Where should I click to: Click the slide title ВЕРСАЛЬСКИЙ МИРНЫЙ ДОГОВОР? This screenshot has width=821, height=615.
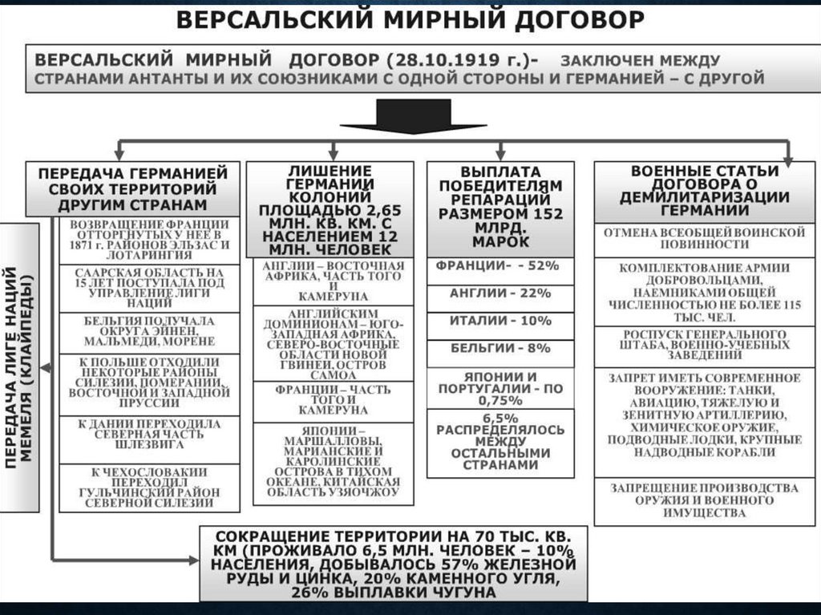pyautogui.click(x=410, y=19)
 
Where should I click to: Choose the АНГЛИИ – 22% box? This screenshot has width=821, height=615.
pyautogui.click(x=501, y=293)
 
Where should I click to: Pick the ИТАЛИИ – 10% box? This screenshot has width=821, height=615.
pyautogui.click(x=501, y=321)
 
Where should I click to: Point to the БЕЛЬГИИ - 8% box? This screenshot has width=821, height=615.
pyautogui.click(x=501, y=350)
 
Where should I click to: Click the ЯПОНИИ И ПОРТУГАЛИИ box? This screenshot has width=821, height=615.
pyautogui.click(x=501, y=387)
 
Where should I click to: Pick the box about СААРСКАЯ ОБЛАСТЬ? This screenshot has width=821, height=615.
pyautogui.click(x=149, y=288)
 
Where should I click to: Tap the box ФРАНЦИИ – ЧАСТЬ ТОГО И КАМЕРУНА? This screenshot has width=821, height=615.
pyautogui.click(x=333, y=399)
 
